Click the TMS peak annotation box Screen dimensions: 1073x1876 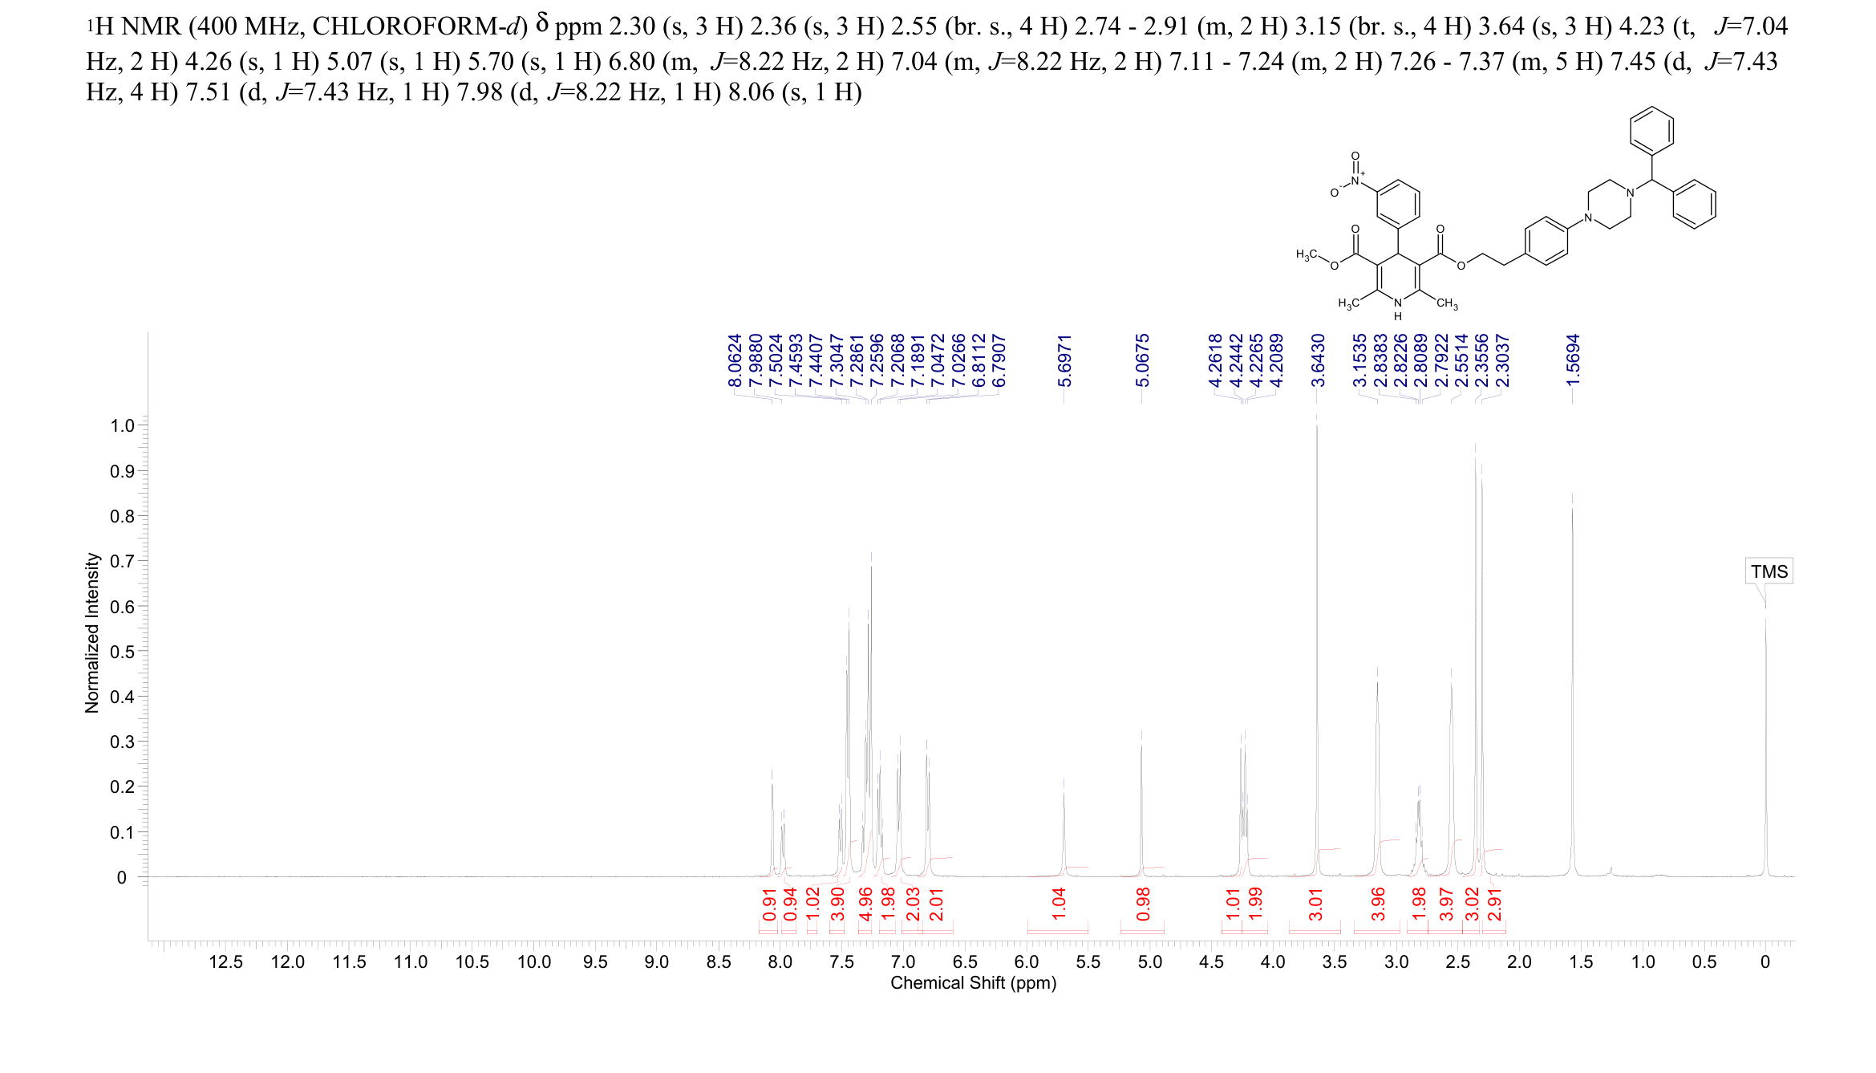pyautogui.click(x=1769, y=571)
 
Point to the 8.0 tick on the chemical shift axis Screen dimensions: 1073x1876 pyautogui.click(x=780, y=961)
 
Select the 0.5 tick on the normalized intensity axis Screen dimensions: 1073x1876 pyautogui.click(x=122, y=652)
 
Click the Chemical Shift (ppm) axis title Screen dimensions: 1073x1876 pyautogui.click(x=973, y=983)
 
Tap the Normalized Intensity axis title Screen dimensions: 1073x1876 pyautogui.click(x=92, y=632)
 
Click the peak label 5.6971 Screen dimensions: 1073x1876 pyautogui.click(x=1064, y=360)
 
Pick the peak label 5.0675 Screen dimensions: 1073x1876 pyautogui.click(x=1142, y=360)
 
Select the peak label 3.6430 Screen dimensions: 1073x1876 pyautogui.click(x=1318, y=360)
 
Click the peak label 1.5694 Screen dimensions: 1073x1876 pyautogui.click(x=1573, y=360)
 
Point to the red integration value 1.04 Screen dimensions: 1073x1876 pyautogui.click(x=1059, y=904)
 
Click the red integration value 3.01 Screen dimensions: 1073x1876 pyautogui.click(x=1315, y=904)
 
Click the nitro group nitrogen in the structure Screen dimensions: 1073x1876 pyautogui.click(x=1355, y=181)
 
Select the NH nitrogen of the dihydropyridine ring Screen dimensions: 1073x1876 pyautogui.click(x=1398, y=303)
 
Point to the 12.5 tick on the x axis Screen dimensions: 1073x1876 pyautogui.click(x=225, y=961)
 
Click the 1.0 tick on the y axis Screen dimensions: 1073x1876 pyautogui.click(x=122, y=425)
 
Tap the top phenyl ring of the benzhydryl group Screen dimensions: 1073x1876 pyautogui.click(x=1651, y=131)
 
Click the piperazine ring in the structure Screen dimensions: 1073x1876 pyautogui.click(x=1609, y=204)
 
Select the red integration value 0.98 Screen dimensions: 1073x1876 pyautogui.click(x=1143, y=904)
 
